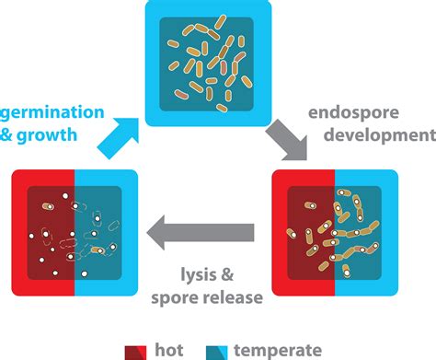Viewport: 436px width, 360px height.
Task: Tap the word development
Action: (372, 136)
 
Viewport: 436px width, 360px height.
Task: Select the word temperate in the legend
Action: (277, 349)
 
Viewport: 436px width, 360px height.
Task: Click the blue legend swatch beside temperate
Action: (221, 350)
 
